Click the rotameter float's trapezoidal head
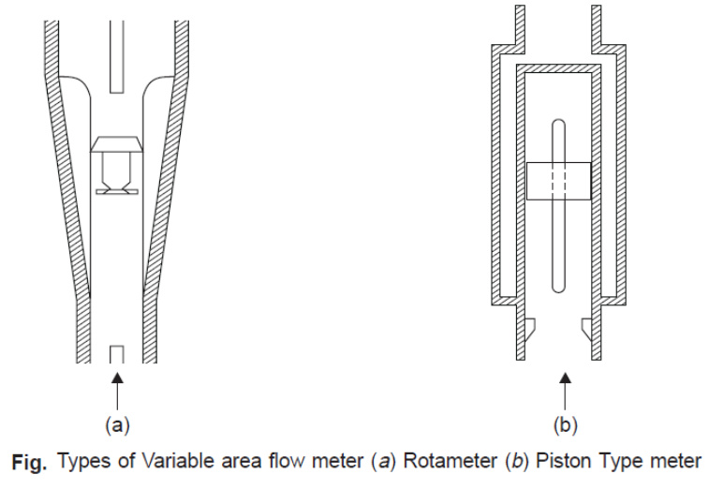point(117,144)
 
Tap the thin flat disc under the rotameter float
point(117,192)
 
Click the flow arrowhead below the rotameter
point(117,378)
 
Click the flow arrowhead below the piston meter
point(565,378)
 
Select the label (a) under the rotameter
point(117,425)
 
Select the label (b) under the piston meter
point(565,425)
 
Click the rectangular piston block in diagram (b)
point(559,181)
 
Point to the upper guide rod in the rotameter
point(117,56)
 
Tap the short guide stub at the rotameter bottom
point(117,354)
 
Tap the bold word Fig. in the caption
point(29,462)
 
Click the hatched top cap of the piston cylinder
point(558,68)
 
